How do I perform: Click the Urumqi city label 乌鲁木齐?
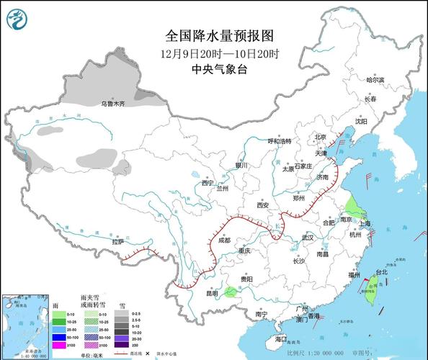pos(112,104)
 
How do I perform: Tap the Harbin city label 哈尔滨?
pos(375,80)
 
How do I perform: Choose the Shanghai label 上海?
pos(365,223)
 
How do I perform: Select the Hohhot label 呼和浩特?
pos(279,141)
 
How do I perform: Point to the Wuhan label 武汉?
pos(309,237)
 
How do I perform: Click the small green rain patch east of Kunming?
pos(229,292)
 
